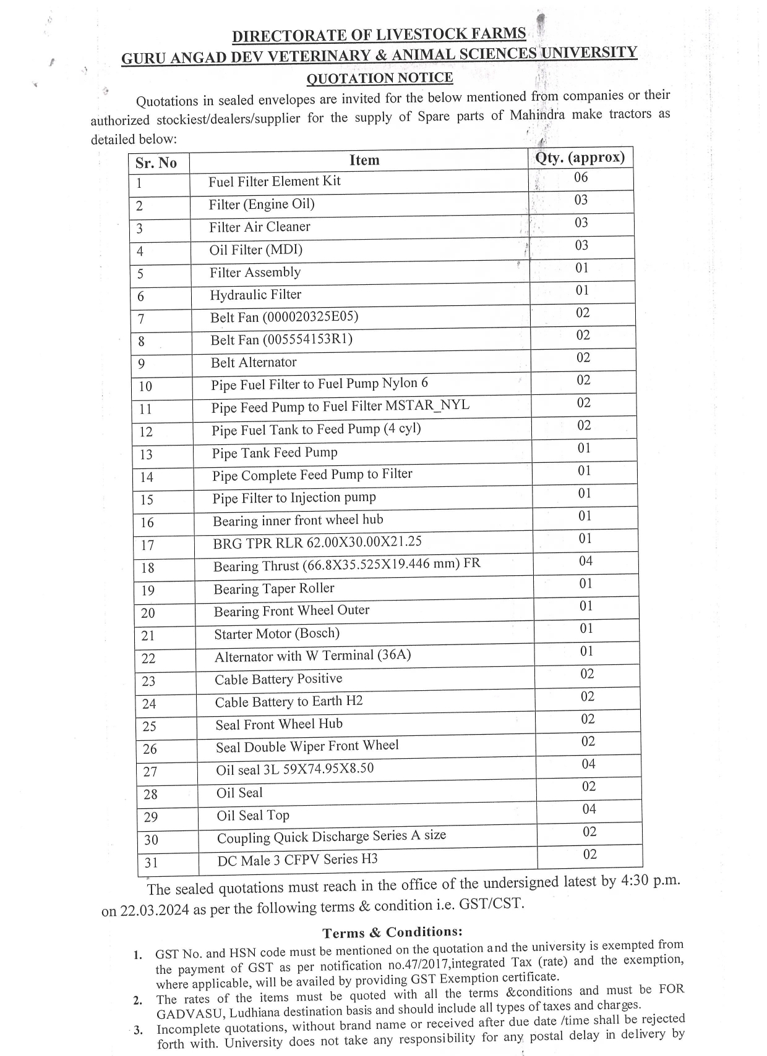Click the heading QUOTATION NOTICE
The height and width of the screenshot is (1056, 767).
click(380, 78)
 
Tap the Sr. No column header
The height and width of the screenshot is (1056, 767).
click(156, 163)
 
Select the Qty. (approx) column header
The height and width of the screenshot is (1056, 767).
click(580, 158)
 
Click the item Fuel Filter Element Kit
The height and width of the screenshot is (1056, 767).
click(274, 181)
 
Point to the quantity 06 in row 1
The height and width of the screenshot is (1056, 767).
click(580, 177)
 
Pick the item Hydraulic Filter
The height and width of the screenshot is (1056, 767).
click(255, 295)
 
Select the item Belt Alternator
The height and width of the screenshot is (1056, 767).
click(254, 362)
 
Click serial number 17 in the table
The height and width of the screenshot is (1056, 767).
click(147, 545)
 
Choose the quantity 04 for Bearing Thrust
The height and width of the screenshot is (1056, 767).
click(585, 560)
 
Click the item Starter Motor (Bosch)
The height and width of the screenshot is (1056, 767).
click(276, 633)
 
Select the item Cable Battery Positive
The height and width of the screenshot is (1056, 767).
click(278, 679)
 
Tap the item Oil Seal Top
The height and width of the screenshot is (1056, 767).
click(253, 816)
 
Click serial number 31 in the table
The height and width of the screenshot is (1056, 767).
click(151, 862)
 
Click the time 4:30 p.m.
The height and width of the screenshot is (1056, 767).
click(649, 881)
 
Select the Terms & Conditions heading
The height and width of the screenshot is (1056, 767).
click(392, 932)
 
